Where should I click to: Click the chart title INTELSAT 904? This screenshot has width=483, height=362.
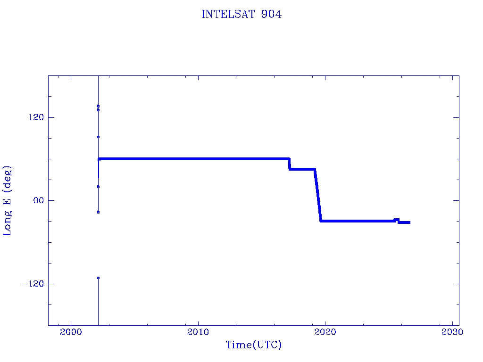click(x=241, y=14)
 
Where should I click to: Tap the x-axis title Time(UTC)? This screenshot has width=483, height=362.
click(x=253, y=345)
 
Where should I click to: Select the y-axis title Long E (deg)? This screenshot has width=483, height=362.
click(x=7, y=201)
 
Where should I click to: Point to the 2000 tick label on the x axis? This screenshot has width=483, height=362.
click(x=71, y=331)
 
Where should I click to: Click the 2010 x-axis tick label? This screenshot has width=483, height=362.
click(x=198, y=331)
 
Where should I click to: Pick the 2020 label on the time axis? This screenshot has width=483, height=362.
click(x=325, y=331)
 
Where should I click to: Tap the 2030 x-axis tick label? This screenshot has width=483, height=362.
click(x=452, y=331)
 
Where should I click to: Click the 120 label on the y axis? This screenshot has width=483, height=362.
click(x=36, y=117)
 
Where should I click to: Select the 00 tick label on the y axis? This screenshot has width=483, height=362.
click(x=39, y=200)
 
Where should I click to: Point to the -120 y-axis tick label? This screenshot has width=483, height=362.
click(x=33, y=283)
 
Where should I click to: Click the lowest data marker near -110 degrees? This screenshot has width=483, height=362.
click(x=98, y=278)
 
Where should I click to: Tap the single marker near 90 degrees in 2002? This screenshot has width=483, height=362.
click(x=98, y=137)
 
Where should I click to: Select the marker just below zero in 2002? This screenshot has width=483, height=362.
click(x=98, y=213)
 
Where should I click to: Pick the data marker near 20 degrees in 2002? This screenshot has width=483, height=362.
click(x=98, y=187)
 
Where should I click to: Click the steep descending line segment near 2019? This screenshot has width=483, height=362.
click(x=318, y=195)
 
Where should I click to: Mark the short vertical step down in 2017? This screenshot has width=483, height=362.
click(x=290, y=164)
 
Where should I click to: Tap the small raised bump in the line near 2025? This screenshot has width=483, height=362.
click(x=396, y=220)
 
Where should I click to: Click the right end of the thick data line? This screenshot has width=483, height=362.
click(x=410, y=222)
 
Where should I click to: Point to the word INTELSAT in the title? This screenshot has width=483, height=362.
click(x=228, y=14)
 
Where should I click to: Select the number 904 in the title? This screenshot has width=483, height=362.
click(x=271, y=14)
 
